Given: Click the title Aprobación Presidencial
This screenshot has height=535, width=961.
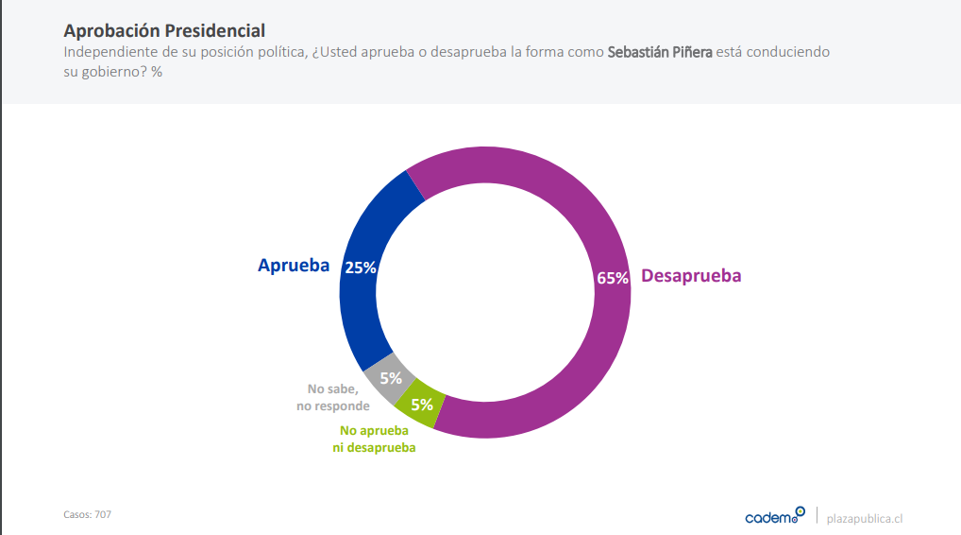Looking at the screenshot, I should pyautogui.click(x=164, y=31).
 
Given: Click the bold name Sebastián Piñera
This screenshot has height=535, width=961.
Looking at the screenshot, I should pyautogui.click(x=659, y=52).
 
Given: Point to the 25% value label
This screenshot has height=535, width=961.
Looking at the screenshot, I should pyautogui.click(x=361, y=267).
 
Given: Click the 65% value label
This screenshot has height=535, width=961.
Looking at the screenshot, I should pyautogui.click(x=612, y=278).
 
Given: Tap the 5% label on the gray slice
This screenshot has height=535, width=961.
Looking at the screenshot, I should pyautogui.click(x=391, y=378).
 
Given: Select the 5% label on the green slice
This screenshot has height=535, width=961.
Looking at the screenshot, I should pyautogui.click(x=422, y=405).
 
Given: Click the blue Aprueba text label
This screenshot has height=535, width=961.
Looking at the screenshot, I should pyautogui.click(x=294, y=266).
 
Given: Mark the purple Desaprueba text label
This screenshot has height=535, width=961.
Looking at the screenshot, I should pyautogui.click(x=691, y=276).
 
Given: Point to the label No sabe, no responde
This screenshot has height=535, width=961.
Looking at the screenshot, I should pyautogui.click(x=331, y=397).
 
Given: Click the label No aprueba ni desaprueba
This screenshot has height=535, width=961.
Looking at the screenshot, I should pyautogui.click(x=374, y=440).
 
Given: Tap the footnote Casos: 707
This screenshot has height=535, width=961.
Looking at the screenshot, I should pyautogui.click(x=87, y=514).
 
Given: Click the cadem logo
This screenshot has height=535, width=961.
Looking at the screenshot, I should pyautogui.click(x=774, y=516).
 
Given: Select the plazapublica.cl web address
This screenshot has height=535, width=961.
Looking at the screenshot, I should pyautogui.click(x=865, y=518).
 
